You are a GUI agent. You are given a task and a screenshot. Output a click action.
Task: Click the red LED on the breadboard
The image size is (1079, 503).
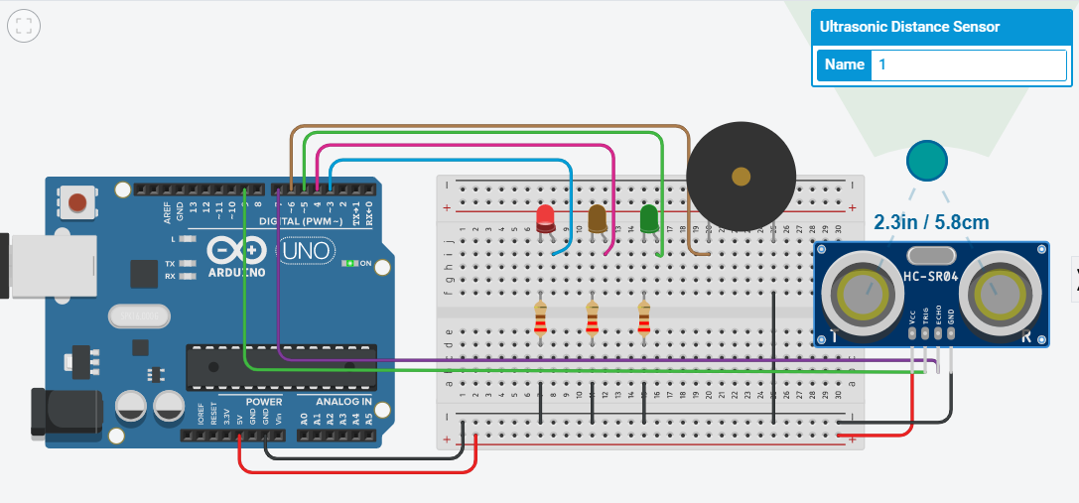coord(545,220)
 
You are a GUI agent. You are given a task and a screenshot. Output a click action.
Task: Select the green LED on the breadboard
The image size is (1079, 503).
coord(649,219)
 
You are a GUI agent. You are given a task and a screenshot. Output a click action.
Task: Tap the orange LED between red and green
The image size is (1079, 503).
coord(598,219)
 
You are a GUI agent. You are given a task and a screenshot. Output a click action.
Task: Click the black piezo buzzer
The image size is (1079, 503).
coord(741,178)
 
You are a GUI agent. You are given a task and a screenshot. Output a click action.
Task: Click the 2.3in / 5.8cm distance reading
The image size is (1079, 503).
coord(931,222)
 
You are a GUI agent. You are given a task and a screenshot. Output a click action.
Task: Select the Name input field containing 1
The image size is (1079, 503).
coord(968,64)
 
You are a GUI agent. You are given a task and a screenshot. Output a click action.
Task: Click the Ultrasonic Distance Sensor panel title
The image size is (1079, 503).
coord(909,27)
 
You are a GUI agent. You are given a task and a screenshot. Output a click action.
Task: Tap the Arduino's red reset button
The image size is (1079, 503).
coord(77,204)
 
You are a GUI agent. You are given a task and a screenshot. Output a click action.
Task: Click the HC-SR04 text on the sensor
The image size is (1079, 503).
coord(930,276)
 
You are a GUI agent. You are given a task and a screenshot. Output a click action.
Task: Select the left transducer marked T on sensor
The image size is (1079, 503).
coord(860,293)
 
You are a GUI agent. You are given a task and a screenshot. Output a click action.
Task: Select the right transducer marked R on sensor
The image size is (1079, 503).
coord(998,293)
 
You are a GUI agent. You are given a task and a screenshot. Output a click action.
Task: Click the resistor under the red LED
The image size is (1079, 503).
coord(540,319)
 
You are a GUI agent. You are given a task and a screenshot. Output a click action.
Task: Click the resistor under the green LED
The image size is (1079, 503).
coord(643,319)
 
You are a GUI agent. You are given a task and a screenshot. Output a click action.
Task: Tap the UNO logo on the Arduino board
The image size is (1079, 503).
coord(304,252)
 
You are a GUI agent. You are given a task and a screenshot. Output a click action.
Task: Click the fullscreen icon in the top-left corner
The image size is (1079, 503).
coord(24,26)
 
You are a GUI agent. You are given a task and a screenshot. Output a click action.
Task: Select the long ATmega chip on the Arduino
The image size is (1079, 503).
coord(281,367)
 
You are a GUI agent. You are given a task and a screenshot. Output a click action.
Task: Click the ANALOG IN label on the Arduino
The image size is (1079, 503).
coord(343,402)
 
